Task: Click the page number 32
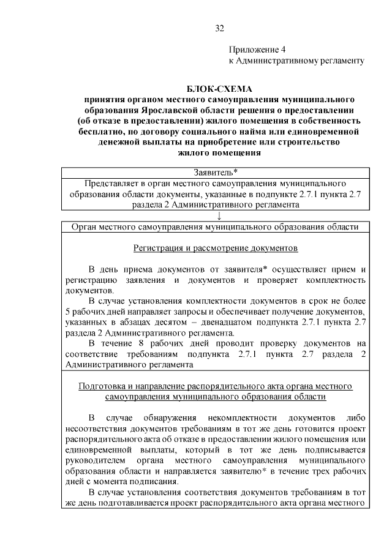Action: tap(220, 28)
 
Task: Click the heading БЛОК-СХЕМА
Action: tap(219, 89)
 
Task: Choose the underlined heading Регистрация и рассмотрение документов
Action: tap(215, 249)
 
